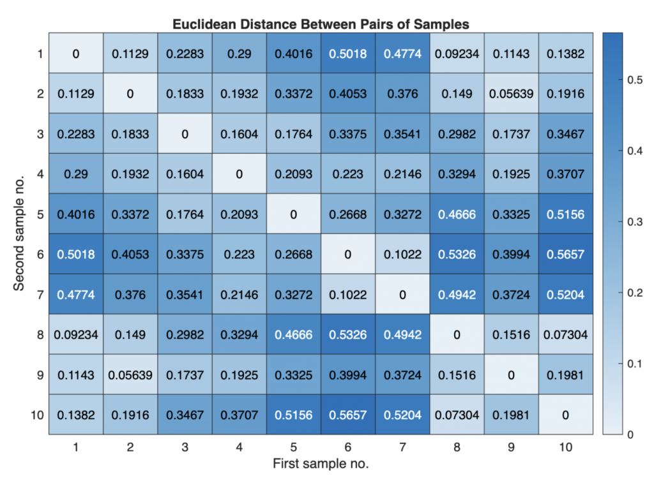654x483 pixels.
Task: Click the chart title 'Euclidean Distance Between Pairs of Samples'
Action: (x=321, y=25)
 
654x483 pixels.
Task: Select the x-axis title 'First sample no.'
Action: (x=321, y=464)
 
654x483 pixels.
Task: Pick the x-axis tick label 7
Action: (x=402, y=448)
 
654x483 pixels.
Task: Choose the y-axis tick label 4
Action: (x=40, y=174)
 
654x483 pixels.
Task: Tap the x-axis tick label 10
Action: (x=565, y=448)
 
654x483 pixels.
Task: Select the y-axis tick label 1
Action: (x=40, y=54)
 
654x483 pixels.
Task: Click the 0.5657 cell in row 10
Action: (x=348, y=415)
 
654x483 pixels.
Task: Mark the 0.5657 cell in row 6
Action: (x=565, y=255)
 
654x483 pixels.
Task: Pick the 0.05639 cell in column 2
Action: (x=130, y=375)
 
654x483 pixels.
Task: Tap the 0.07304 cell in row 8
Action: (x=565, y=334)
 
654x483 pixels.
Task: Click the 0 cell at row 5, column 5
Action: (x=293, y=214)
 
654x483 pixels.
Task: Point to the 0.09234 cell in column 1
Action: (x=76, y=334)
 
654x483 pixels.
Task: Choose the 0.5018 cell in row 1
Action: (x=348, y=54)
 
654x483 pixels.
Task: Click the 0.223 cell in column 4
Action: (x=239, y=255)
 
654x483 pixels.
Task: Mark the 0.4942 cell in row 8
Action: (x=402, y=334)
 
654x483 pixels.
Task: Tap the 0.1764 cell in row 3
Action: (x=293, y=134)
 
